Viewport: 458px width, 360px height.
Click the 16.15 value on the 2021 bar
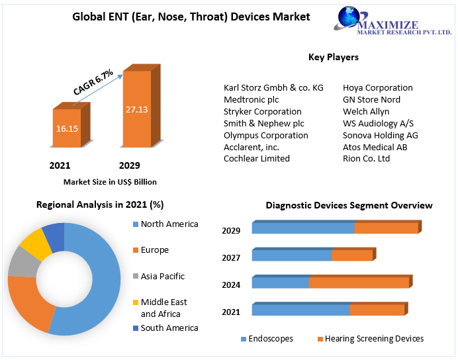pos(67,128)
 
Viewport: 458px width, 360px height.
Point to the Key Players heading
pos(334,57)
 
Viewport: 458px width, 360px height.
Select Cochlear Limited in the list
pos(257,158)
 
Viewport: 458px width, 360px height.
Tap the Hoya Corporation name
pos(377,87)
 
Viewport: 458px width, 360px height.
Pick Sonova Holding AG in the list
pos(380,135)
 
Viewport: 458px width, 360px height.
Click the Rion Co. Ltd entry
pos(366,158)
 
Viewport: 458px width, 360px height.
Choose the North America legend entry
pos(169,224)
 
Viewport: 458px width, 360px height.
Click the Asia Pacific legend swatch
pos(136,276)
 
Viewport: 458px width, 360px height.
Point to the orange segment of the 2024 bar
pos(359,283)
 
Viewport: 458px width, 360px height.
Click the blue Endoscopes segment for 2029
pos(302,228)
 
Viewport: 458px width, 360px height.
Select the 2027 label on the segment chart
pos(231,258)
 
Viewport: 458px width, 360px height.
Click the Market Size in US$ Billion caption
pos(110,181)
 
